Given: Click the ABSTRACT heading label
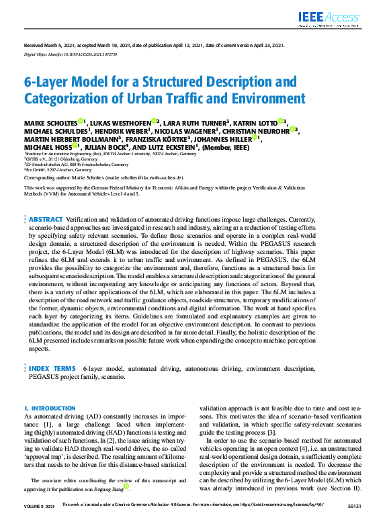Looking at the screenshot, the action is pos(46,220).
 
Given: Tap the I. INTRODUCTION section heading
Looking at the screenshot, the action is pos(50,408).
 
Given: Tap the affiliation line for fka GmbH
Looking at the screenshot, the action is pos(58,170).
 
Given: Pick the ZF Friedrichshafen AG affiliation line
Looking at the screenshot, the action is pos(76,164).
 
